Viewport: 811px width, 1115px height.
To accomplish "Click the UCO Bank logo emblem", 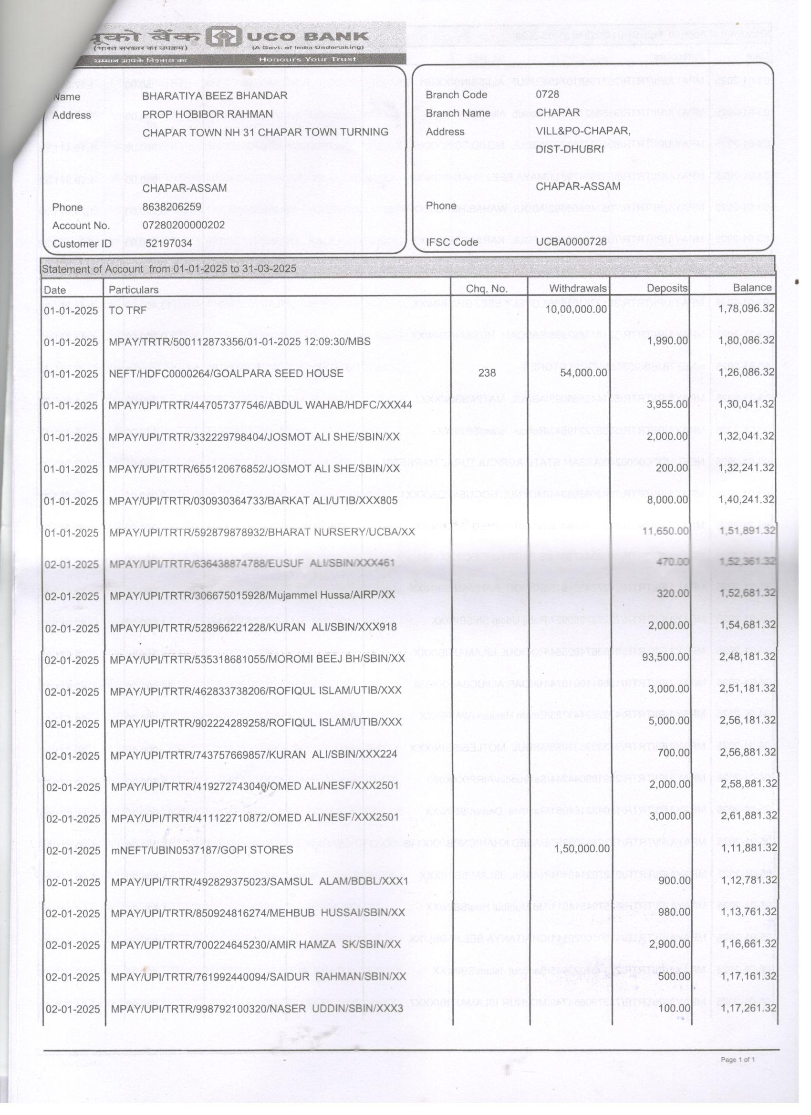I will [223, 37].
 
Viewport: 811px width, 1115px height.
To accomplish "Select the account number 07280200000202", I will [184, 225].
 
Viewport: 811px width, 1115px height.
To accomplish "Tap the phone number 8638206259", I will [172, 207].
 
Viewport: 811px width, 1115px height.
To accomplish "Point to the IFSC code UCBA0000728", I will [571, 242].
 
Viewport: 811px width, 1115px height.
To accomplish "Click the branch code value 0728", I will [547, 94].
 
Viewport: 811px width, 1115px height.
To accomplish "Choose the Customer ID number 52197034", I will [167, 243].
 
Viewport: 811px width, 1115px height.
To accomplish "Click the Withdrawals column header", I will [578, 289].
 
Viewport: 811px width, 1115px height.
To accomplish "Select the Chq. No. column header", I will [487, 289].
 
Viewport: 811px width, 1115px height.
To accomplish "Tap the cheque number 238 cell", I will [487, 373].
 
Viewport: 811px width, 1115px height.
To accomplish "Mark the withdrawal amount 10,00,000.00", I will [576, 309].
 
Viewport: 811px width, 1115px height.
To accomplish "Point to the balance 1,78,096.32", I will [746, 309].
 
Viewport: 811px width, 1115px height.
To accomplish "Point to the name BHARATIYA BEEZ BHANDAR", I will [215, 96].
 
